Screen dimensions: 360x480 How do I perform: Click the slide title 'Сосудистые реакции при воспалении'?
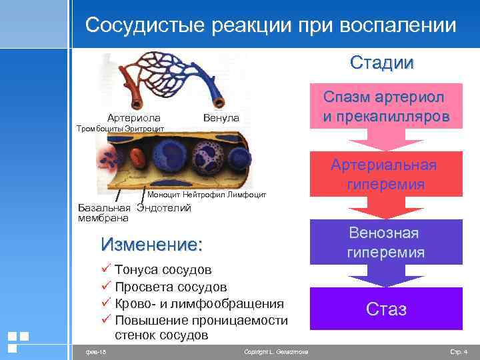point(271,25)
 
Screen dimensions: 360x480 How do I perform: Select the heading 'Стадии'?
point(381,63)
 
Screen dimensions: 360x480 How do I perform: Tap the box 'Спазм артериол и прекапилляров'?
point(387,107)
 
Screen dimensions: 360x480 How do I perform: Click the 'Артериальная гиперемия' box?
point(387,175)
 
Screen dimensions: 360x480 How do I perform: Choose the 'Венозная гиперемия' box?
point(387,243)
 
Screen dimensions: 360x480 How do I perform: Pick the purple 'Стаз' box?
point(387,309)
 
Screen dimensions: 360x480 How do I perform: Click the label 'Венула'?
point(221,118)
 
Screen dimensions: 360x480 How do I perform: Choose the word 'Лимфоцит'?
point(247,195)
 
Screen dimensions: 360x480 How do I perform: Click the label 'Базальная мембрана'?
point(104,213)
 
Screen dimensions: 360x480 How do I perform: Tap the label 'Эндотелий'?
point(164,207)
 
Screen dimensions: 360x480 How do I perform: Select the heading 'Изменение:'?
point(150,245)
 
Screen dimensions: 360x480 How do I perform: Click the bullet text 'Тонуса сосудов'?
point(163,270)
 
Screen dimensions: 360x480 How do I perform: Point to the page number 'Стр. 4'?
point(459,351)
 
